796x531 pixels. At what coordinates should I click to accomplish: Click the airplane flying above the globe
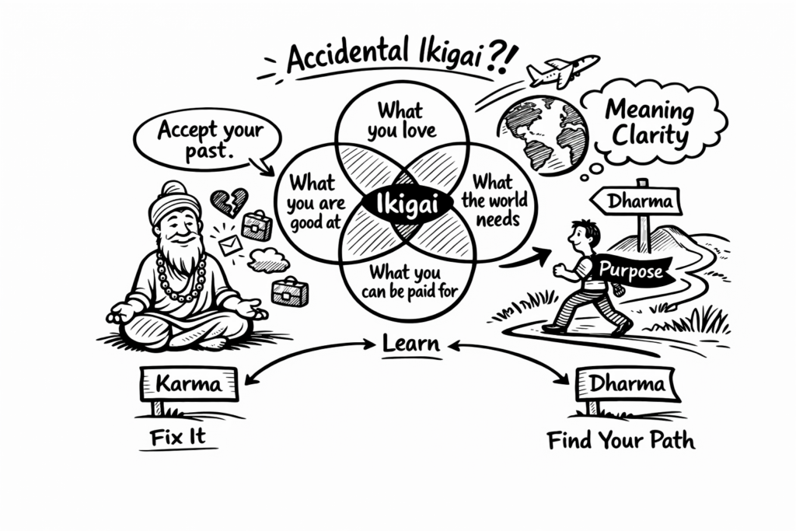562,71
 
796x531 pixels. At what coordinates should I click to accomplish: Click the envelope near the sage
230,246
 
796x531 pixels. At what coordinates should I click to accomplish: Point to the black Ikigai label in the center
403,205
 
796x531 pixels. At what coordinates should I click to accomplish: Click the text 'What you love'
401,119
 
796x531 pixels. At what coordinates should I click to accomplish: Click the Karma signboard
190,383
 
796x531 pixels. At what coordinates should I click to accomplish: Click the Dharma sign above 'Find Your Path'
627,384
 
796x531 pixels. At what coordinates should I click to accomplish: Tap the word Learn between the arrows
411,344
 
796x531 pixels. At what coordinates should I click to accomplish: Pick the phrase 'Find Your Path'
620,442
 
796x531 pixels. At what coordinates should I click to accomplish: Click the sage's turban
175,201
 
